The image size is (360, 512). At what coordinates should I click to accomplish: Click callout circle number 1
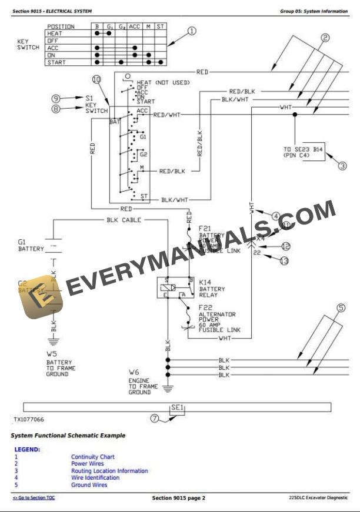click(192, 31)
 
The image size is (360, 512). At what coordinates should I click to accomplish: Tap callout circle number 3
click(342, 166)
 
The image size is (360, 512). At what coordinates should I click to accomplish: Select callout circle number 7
click(155, 419)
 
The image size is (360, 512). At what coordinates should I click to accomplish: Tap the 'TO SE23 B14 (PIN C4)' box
click(303, 153)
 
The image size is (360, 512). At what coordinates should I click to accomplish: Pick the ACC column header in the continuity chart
click(135, 26)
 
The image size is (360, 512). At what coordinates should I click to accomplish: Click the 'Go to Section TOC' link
click(34, 498)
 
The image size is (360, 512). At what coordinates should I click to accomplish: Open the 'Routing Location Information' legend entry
click(109, 471)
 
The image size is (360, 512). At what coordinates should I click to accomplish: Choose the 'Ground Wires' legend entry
click(89, 485)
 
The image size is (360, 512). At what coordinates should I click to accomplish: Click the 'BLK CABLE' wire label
click(124, 220)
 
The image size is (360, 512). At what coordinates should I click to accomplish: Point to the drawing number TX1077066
click(29, 420)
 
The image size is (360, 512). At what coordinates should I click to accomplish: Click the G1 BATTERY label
click(31, 245)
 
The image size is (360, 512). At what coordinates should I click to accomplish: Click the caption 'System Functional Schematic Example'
click(68, 436)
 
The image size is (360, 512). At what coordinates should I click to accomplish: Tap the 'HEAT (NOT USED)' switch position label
click(163, 82)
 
